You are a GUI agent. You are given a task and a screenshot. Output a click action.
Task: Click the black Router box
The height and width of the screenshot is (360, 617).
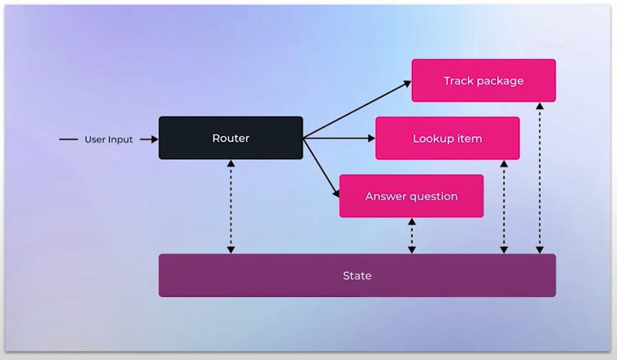(231, 138)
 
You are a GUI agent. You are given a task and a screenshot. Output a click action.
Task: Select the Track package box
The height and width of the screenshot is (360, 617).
(483, 80)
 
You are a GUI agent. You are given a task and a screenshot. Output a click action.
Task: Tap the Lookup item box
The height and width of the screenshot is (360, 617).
(447, 139)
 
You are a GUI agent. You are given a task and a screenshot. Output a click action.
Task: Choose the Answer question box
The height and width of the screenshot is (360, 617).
(411, 196)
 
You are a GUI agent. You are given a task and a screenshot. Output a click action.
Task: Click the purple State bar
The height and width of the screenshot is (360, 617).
(357, 276)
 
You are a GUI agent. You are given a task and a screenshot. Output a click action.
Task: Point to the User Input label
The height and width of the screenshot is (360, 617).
(108, 139)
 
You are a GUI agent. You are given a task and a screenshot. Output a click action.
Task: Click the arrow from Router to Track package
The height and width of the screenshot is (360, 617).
(357, 109)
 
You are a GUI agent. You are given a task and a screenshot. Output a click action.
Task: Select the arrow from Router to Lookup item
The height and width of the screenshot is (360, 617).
(339, 139)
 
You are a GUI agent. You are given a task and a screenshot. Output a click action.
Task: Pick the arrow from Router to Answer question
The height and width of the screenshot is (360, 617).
(322, 167)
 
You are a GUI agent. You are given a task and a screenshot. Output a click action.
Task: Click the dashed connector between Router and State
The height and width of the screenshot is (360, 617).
(231, 207)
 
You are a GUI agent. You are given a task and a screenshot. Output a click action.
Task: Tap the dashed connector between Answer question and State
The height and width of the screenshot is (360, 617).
(411, 236)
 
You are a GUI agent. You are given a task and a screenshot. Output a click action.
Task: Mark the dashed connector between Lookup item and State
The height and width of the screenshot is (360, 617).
(504, 207)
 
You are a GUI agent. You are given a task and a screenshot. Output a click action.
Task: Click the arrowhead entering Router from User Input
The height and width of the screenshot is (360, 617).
(153, 139)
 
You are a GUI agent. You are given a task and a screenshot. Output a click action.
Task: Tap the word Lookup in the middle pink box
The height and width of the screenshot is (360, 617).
(432, 139)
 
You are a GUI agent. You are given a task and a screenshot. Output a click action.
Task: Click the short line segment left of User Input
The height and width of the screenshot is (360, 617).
(69, 139)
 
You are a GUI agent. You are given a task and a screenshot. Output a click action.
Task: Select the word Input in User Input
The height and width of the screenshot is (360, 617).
(120, 139)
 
